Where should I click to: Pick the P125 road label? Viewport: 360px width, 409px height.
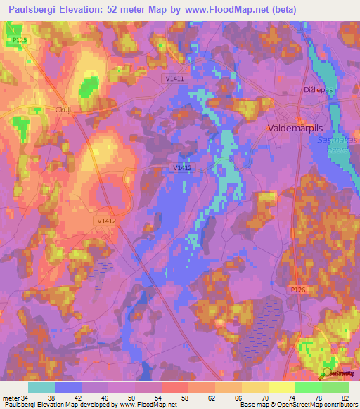[x=20, y=41]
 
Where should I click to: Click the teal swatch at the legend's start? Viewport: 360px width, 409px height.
[x=41, y=387]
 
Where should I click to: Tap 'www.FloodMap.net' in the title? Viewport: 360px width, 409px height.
[x=229, y=9]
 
